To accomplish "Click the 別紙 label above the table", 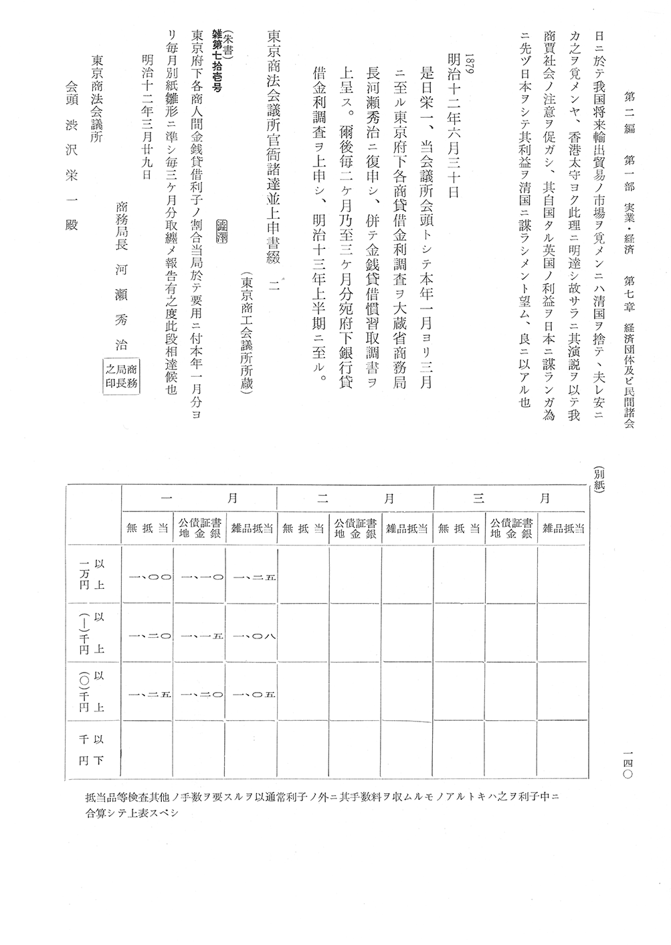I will tap(597, 479).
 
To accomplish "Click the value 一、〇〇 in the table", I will tap(147, 576).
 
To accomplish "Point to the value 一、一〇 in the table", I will tap(199, 576).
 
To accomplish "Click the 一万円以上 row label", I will tap(93, 574).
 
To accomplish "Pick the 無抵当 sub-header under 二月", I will tap(303, 528).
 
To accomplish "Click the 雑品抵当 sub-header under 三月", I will tap(563, 528).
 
